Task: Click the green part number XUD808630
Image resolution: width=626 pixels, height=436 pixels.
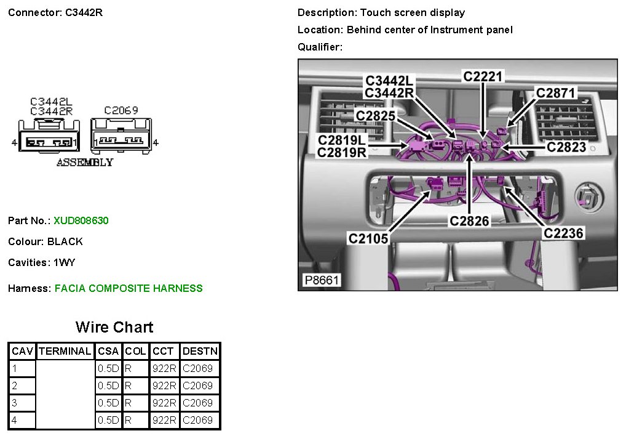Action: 81,220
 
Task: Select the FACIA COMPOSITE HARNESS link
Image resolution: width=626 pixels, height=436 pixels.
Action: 129,288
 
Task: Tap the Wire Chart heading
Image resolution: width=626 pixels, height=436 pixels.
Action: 114,327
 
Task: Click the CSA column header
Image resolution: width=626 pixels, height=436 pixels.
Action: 108,352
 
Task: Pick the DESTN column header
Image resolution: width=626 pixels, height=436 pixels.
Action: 200,352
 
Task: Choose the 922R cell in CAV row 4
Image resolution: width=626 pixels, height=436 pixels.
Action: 164,420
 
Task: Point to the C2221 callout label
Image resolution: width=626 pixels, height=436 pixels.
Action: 483,77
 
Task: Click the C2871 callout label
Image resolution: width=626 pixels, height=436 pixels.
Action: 555,93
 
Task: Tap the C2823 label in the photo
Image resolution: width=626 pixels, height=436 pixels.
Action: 566,147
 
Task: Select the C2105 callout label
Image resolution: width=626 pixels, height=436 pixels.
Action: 368,238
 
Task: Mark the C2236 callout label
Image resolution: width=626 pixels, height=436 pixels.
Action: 563,233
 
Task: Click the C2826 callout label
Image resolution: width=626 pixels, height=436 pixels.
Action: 469,220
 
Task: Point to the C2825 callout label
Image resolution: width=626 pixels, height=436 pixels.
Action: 375,115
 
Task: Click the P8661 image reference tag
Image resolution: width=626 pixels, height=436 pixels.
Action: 322,281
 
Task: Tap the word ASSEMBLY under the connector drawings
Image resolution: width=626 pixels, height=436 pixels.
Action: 85,163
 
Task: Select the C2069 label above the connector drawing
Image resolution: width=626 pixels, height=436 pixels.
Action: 121,110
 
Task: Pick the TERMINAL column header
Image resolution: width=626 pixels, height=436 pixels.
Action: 65,352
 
